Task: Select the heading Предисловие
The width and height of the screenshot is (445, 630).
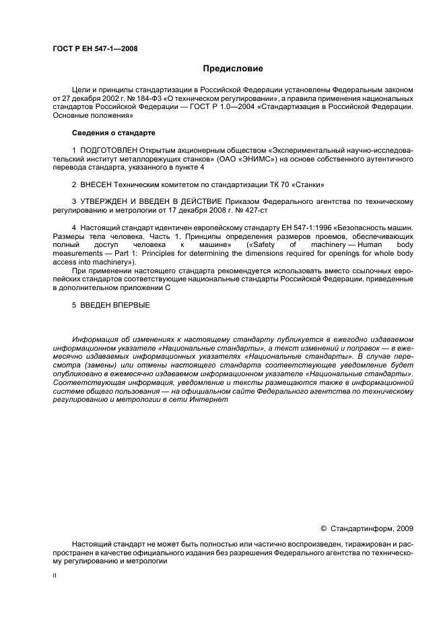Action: pyautogui.click(x=233, y=69)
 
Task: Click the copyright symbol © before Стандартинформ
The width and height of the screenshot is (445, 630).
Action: pyautogui.click(x=322, y=528)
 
